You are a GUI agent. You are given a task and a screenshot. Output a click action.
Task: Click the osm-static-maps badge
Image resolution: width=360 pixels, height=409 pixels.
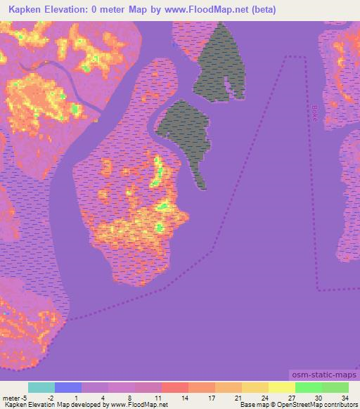[323, 376]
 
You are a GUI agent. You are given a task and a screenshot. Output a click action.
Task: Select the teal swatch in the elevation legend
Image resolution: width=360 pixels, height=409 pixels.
[41, 387]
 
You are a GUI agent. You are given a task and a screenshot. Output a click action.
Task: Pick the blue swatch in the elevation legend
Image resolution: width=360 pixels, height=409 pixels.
[68, 387]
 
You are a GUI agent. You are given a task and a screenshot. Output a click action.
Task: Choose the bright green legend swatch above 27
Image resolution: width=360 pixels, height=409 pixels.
[309, 387]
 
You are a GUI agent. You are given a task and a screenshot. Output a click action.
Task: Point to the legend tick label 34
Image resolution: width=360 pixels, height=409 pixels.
[345, 397]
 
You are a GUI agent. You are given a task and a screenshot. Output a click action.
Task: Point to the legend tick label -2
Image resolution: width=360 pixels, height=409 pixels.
[51, 397]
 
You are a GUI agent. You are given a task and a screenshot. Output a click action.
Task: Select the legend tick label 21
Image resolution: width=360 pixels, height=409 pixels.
[238, 397]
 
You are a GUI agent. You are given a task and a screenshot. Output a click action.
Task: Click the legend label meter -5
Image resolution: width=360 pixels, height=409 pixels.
[14, 397]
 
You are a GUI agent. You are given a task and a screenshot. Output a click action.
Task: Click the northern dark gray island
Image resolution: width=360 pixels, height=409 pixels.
[221, 63]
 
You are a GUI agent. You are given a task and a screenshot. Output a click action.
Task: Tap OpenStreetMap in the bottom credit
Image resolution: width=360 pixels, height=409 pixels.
[296, 405]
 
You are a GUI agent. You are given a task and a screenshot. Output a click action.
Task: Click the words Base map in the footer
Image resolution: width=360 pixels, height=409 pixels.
[251, 405]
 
